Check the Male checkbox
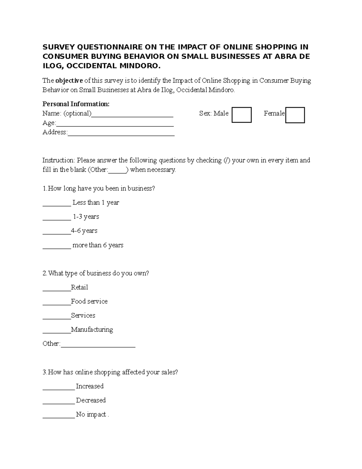pyautogui.click(x=241, y=115)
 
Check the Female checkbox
pyautogui.click(x=295, y=115)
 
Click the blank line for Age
pyautogui.click(x=115, y=124)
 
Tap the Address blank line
pyautogui.click(x=121, y=133)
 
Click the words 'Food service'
pyautogui.click(x=89, y=301)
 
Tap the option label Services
pyautogui.click(x=83, y=316)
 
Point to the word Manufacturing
pyautogui.click(x=92, y=329)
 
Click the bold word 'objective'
pyautogui.click(x=69, y=81)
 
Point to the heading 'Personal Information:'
pyautogui.click(x=76, y=104)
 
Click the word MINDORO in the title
pyautogui.click(x=139, y=66)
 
